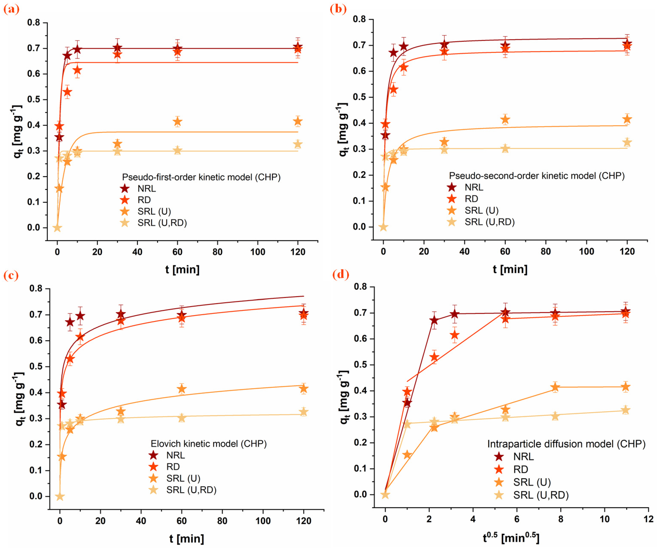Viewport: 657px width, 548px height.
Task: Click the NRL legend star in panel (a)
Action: (x=125, y=188)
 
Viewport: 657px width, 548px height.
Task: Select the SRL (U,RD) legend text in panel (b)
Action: (x=490, y=222)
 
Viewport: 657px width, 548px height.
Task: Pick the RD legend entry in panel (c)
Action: (x=173, y=467)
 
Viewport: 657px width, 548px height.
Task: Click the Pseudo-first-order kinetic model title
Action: (x=201, y=177)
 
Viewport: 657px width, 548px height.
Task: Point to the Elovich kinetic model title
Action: (x=209, y=444)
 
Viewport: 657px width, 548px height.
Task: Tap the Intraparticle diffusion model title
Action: (x=566, y=444)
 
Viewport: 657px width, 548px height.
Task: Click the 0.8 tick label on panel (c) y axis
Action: (x=36, y=288)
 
